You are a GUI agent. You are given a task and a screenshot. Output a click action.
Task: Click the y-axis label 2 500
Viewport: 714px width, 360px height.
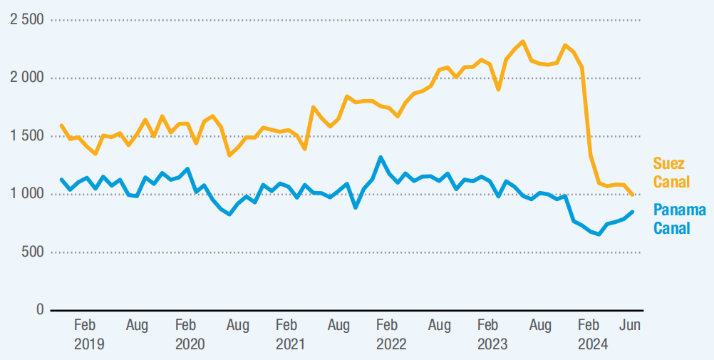[x=26, y=19]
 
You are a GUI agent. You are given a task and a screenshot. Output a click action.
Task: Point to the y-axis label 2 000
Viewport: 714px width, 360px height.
[x=26, y=78]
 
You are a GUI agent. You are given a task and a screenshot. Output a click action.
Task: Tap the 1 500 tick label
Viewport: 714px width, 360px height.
[x=26, y=136]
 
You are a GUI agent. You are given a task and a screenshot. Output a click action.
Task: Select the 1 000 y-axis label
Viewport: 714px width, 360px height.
[x=26, y=194]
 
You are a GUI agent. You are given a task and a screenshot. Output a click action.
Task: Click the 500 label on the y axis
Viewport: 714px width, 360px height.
[x=33, y=252]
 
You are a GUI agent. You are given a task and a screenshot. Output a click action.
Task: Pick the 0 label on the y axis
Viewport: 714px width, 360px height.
[x=40, y=310]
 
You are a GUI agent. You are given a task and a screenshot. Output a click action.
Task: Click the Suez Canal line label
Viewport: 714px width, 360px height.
[x=671, y=173]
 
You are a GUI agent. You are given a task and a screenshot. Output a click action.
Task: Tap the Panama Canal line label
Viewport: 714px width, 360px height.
[x=679, y=219]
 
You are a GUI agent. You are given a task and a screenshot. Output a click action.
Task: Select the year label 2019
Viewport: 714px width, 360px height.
[x=89, y=344]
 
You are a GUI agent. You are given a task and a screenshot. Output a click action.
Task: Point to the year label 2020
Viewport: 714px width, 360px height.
[x=190, y=344]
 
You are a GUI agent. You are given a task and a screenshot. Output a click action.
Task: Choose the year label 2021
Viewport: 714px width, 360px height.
[x=290, y=344]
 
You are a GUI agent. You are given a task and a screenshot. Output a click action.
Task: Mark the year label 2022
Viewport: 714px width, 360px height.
[x=391, y=344]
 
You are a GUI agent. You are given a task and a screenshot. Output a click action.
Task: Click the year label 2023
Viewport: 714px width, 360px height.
[x=492, y=344]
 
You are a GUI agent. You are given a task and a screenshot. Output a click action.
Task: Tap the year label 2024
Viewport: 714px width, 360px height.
[x=592, y=344]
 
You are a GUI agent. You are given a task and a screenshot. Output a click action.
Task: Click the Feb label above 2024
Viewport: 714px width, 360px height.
[x=588, y=326]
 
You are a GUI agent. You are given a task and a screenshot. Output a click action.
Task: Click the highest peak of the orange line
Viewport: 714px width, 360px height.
[x=522, y=41]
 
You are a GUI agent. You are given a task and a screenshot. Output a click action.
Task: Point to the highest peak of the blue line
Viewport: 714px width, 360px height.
[x=381, y=158]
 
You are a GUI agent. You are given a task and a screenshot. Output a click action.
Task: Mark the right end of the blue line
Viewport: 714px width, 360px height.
[x=633, y=212]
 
